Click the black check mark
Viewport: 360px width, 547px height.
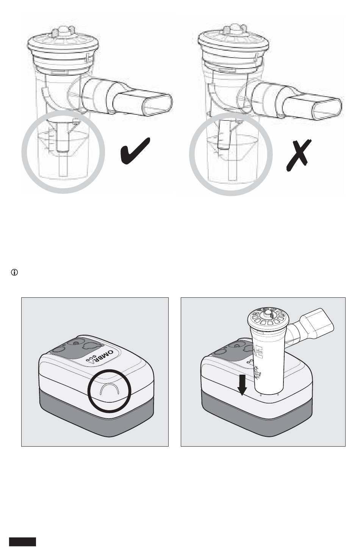pos(135,150)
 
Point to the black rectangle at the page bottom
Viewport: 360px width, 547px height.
pos(23,542)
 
